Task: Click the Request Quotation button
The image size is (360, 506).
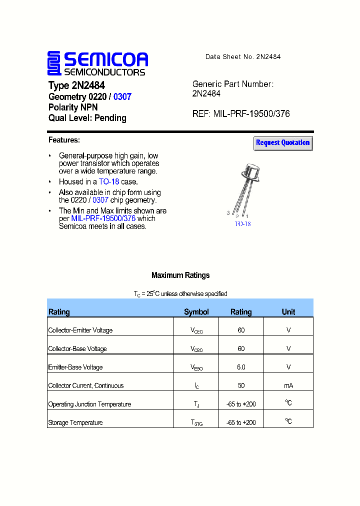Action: tap(283, 143)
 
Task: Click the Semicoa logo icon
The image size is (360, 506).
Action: tap(54, 63)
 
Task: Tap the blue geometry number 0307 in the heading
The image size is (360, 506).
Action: tap(122, 96)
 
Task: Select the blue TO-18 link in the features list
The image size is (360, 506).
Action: tap(109, 182)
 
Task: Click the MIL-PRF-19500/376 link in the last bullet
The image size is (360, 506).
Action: tap(103, 218)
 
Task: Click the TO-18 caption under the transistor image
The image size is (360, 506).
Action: tap(242, 223)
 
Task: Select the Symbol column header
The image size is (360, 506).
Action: tap(196, 312)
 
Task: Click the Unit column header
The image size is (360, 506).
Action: tap(288, 312)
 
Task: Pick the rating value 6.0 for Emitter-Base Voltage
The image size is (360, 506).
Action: tap(241, 367)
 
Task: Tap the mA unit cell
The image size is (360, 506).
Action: tap(288, 385)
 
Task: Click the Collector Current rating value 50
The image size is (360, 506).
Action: tap(241, 385)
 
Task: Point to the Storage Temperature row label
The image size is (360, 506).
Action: tap(75, 422)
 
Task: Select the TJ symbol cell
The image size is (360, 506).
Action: tap(196, 404)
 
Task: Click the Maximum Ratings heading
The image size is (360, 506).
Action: tap(180, 275)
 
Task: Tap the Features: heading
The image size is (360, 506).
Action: tap(64, 140)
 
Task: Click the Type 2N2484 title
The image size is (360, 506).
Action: tap(76, 85)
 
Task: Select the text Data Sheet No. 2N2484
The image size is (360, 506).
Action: tap(243, 57)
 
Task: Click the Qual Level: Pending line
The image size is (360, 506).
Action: tap(87, 118)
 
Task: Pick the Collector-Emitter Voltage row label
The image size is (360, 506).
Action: tap(80, 330)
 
